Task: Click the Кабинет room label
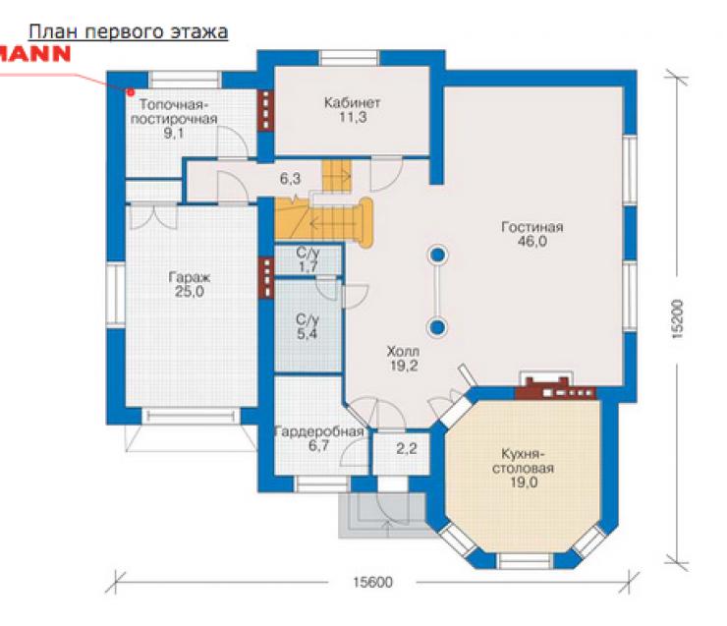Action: pyautogui.click(x=352, y=102)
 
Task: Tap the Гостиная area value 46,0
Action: pyautogui.click(x=532, y=242)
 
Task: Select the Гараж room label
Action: pyautogui.click(x=190, y=277)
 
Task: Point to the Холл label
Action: pyautogui.click(x=403, y=352)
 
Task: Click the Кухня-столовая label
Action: pyautogui.click(x=523, y=461)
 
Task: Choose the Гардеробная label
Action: pyautogui.click(x=319, y=432)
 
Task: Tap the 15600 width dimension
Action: pyautogui.click(x=372, y=582)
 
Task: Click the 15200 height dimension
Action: pyautogui.click(x=677, y=319)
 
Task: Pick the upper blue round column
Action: pyautogui.click(x=438, y=255)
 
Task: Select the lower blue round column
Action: pyautogui.click(x=437, y=328)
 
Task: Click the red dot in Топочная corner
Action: pyautogui.click(x=132, y=92)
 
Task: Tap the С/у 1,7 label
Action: pyautogui.click(x=308, y=259)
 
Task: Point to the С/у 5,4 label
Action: pyautogui.click(x=308, y=326)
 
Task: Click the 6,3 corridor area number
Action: pyautogui.click(x=290, y=179)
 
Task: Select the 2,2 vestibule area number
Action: pyautogui.click(x=406, y=448)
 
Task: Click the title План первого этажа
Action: pyautogui.click(x=129, y=32)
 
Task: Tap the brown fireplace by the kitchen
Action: pyautogui.click(x=555, y=388)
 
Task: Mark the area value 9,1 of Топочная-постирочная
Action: pyautogui.click(x=174, y=134)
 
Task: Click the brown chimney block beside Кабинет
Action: pyautogui.click(x=265, y=110)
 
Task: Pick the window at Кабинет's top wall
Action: pyautogui.click(x=350, y=58)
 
